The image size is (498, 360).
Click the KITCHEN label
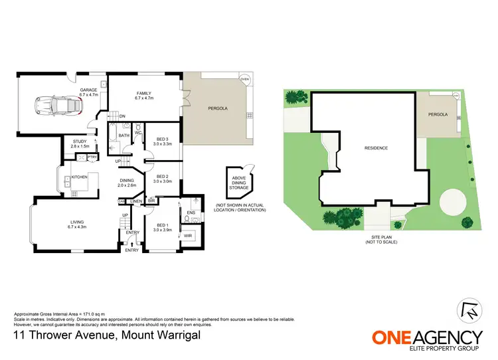(x=80, y=177)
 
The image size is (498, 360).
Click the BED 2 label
(x=163, y=179)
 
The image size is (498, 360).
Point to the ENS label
(x=190, y=213)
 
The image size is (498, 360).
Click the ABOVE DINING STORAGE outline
(x=240, y=181)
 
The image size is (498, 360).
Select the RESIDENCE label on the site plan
(x=375, y=147)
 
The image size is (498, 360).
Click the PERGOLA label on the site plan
(x=438, y=114)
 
